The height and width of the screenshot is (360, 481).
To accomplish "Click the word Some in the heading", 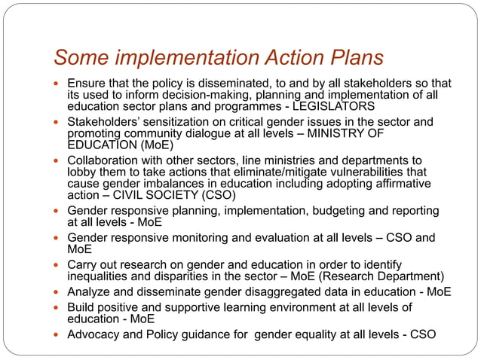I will tap(78, 57).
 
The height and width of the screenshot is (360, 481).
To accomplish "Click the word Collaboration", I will tap(105, 160).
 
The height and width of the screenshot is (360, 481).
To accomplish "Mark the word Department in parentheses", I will tap(412, 276).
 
